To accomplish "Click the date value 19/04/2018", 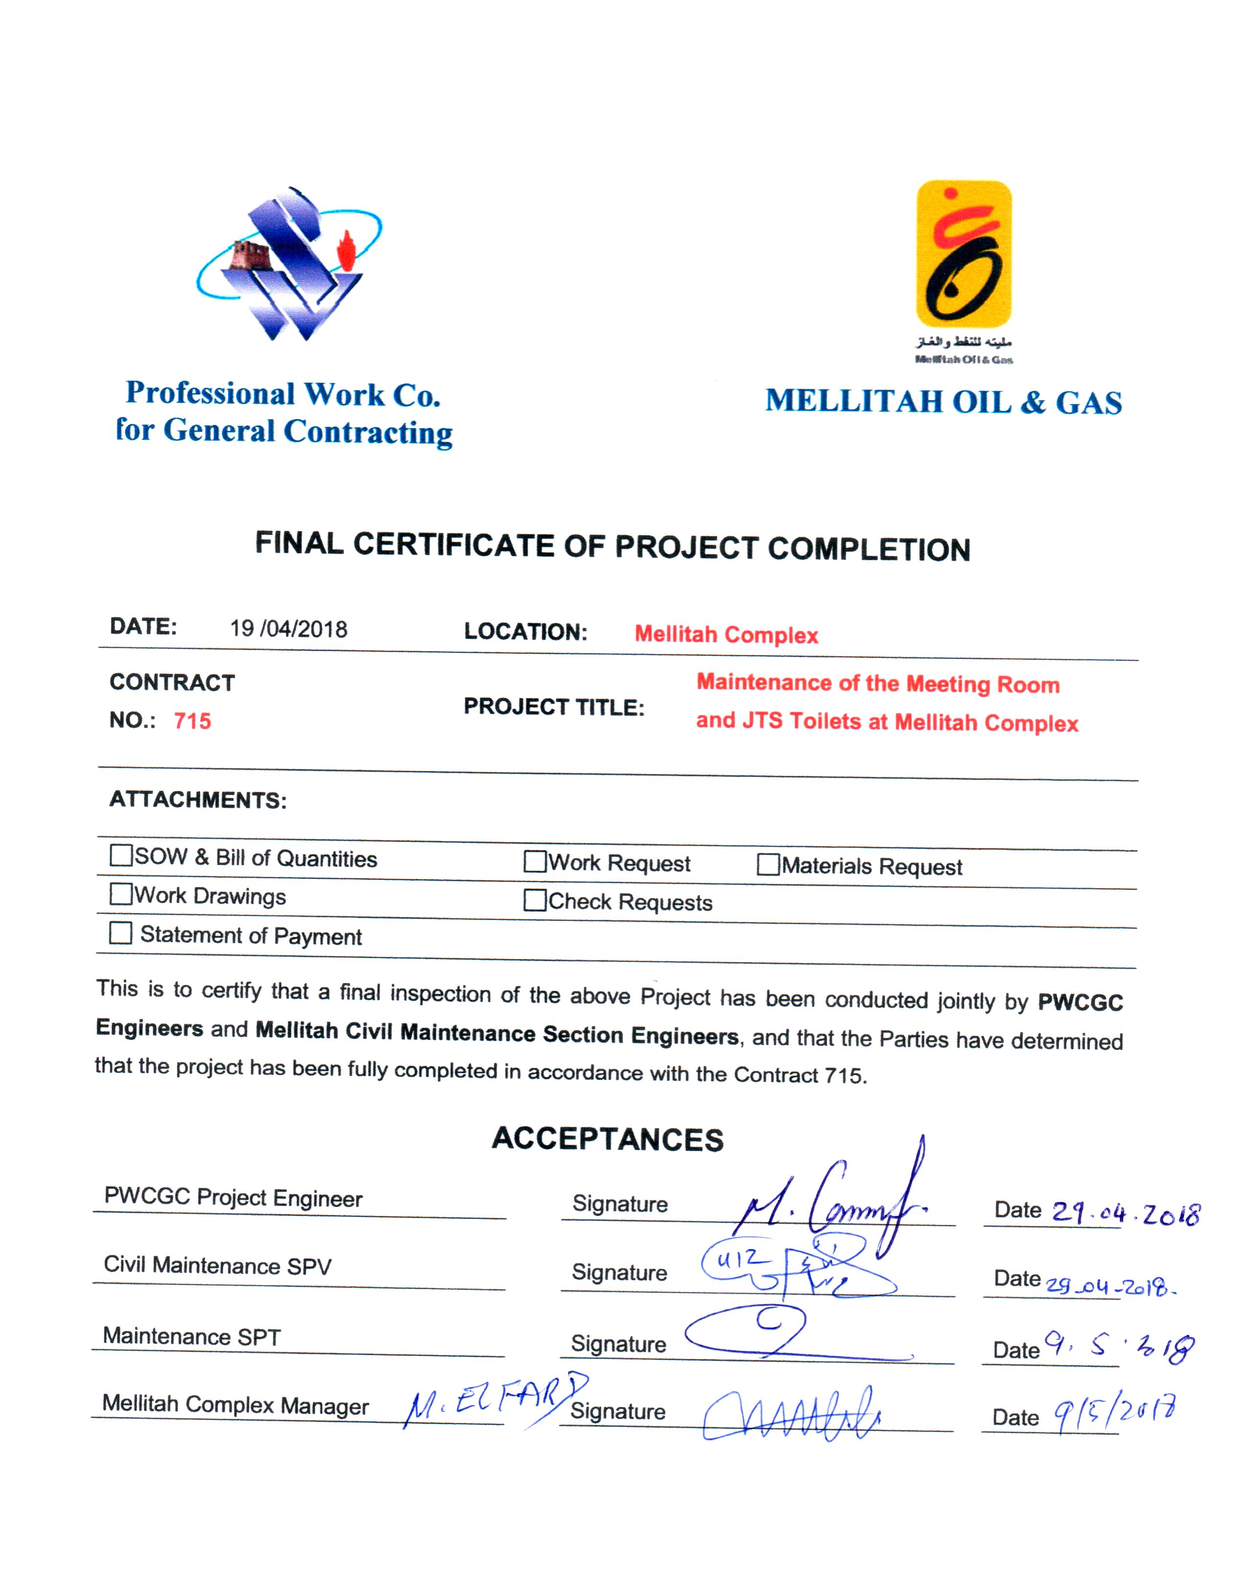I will click(289, 629).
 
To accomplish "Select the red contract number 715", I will click(192, 721).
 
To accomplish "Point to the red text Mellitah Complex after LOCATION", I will click(726, 634).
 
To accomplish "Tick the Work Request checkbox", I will click(535, 862).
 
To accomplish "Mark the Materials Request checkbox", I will click(768, 865).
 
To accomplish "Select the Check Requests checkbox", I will click(535, 900).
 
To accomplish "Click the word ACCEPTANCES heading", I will click(607, 1139).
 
